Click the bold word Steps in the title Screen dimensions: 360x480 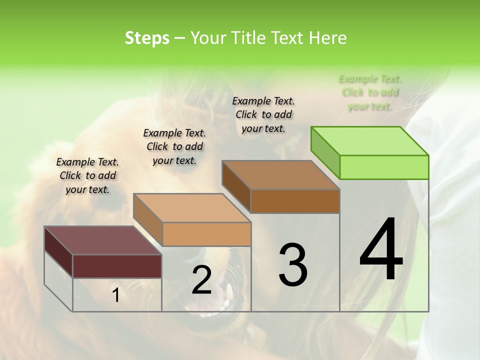(147, 38)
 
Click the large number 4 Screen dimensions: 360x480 (381, 251)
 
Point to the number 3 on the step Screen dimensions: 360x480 (293, 265)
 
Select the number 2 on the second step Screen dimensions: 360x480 (201, 280)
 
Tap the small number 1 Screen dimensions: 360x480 (116, 295)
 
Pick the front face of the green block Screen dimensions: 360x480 (384, 167)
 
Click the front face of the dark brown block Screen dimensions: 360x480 (295, 201)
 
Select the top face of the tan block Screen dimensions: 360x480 (192, 208)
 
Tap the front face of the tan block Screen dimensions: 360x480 (206, 234)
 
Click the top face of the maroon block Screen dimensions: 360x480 (103, 240)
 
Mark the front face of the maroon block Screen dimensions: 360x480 (117, 266)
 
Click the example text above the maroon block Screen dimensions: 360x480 (87, 175)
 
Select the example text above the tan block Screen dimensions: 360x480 (174, 146)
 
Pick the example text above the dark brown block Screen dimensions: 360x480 (263, 114)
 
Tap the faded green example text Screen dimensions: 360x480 (370, 92)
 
